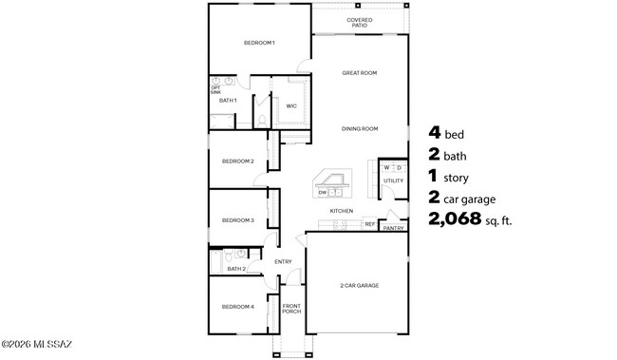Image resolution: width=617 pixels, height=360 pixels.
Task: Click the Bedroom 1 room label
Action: click(x=259, y=43)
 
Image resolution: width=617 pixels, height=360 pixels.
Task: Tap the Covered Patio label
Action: click(x=359, y=23)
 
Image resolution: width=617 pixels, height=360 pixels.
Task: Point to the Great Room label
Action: click(x=359, y=73)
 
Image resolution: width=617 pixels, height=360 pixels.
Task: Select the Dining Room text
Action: click(x=360, y=129)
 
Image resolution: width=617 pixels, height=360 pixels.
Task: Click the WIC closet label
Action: click(x=291, y=106)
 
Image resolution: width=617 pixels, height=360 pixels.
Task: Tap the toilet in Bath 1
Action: click(x=262, y=121)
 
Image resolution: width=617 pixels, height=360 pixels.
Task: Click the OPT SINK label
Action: click(x=215, y=90)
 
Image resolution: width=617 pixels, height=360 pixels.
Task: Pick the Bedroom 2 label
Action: click(x=237, y=161)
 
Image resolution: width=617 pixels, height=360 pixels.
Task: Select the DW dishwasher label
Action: click(x=323, y=193)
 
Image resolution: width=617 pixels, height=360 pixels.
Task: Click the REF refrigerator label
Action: click(x=370, y=224)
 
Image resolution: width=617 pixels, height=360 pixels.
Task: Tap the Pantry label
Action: click(x=393, y=228)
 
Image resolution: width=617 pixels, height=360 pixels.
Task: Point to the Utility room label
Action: click(x=393, y=180)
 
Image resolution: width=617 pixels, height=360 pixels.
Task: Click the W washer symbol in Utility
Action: click(x=386, y=168)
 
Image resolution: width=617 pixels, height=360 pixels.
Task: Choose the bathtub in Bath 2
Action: click(x=215, y=261)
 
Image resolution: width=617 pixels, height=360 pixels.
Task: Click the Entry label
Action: click(x=283, y=261)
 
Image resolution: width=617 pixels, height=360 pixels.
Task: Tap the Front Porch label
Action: click(x=291, y=309)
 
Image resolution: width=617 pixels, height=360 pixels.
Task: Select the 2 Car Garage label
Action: click(x=359, y=286)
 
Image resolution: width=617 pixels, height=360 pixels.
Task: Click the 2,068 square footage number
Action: click(x=455, y=218)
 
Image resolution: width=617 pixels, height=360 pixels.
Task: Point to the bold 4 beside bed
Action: click(x=435, y=132)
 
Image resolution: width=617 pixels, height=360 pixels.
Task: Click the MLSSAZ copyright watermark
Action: click(x=37, y=344)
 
